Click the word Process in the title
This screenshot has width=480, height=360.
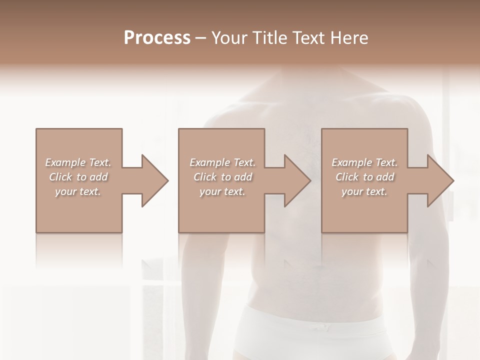click(157, 38)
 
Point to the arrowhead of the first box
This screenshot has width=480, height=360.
click(155, 180)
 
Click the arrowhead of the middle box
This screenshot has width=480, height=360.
click(298, 180)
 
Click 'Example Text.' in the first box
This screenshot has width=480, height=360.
click(78, 162)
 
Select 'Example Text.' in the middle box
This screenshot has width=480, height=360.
click(222, 162)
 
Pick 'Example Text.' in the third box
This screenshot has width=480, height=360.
click(364, 162)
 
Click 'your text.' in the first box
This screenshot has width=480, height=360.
click(78, 191)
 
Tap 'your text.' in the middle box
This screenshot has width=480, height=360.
click(222, 191)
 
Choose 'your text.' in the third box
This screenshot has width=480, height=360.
click(364, 191)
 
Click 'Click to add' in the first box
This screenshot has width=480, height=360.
click(78, 177)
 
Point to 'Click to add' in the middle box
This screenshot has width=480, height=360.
click(222, 177)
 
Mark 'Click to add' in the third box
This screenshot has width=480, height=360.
click(364, 177)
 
